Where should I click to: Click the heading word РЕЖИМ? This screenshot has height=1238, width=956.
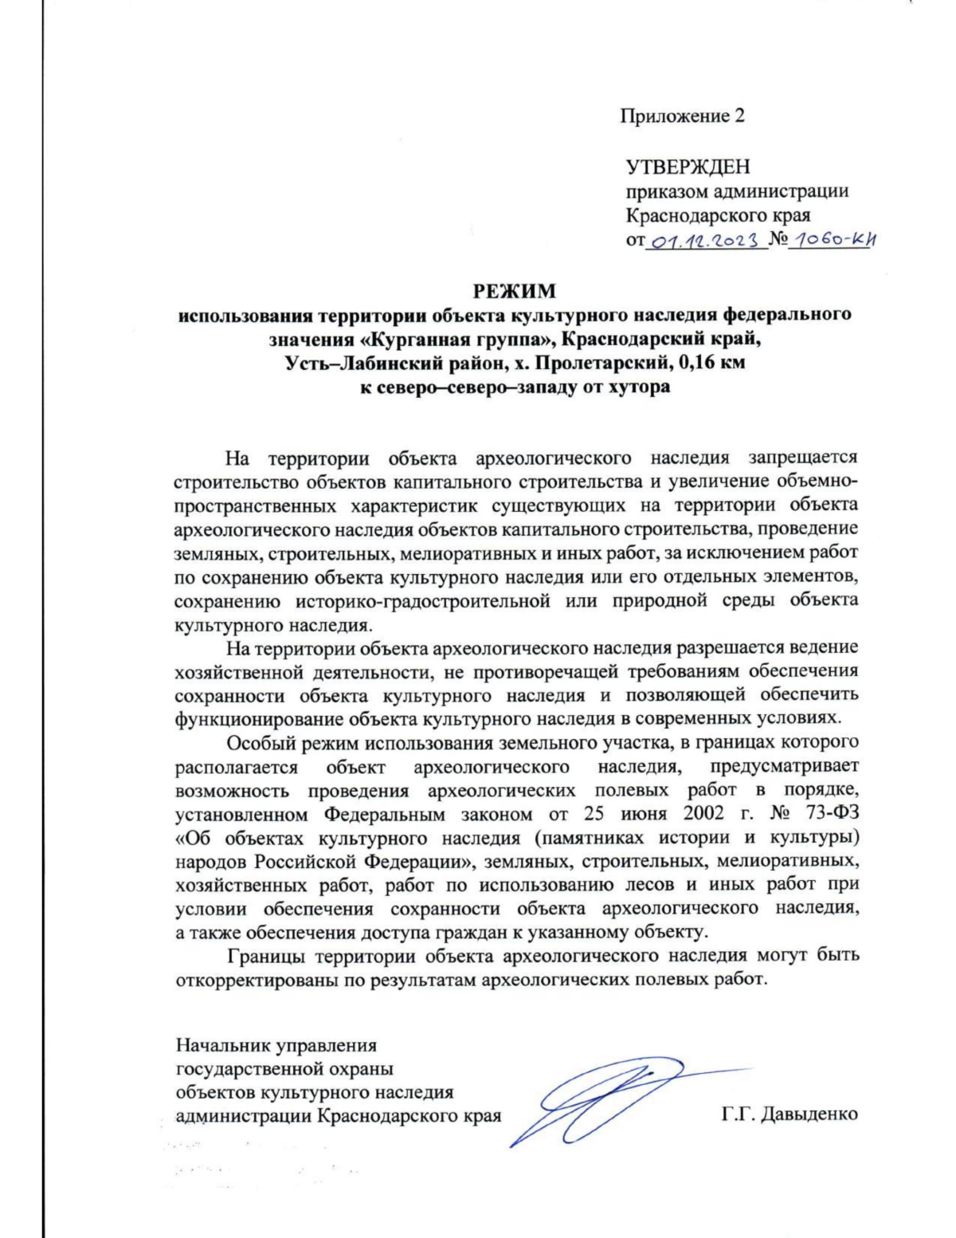tap(515, 290)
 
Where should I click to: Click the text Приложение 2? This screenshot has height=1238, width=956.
tap(682, 116)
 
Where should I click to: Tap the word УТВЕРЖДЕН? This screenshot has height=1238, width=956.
tap(688, 167)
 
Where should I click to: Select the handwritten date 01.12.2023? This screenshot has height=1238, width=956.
tap(704, 240)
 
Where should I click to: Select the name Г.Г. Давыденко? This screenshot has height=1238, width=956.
tap(789, 1114)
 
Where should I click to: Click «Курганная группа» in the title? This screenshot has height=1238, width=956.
tap(456, 339)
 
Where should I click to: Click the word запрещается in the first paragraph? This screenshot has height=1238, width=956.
tap(803, 458)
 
